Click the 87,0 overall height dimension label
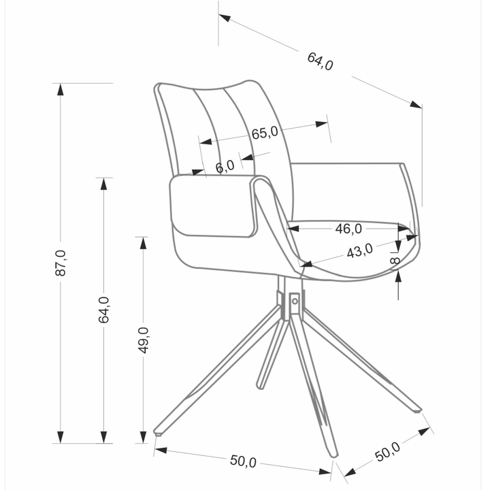61,263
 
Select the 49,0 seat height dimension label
144,340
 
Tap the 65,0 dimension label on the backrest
265,133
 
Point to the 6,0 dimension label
225,166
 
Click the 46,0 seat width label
348,229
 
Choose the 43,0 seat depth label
360,250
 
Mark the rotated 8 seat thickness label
395,260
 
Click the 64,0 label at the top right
320,61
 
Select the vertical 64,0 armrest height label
103,310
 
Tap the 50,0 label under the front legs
243,461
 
